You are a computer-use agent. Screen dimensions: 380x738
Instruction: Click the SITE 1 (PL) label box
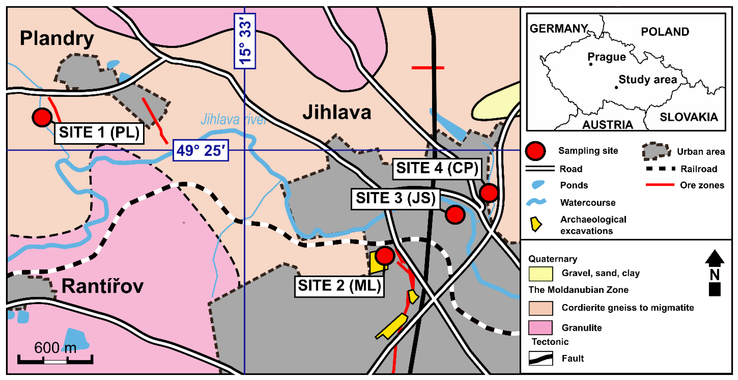[99, 133]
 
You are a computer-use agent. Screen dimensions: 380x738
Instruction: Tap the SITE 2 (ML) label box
[339, 286]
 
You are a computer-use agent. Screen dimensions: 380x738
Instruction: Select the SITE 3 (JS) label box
[395, 199]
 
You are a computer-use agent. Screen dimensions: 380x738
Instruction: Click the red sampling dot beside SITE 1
[42, 117]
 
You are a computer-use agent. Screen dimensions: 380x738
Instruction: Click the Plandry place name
[57, 38]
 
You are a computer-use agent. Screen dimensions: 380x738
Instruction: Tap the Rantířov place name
[102, 286]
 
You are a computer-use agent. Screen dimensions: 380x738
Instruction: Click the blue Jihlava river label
[234, 119]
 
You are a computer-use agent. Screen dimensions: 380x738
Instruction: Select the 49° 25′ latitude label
[201, 150]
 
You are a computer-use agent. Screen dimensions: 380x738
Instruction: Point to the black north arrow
[714, 272]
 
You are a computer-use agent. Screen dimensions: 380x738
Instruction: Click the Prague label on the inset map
[606, 57]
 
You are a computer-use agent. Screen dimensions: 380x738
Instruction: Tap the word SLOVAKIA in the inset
[689, 117]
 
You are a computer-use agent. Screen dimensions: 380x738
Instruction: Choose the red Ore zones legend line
[660, 185]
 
